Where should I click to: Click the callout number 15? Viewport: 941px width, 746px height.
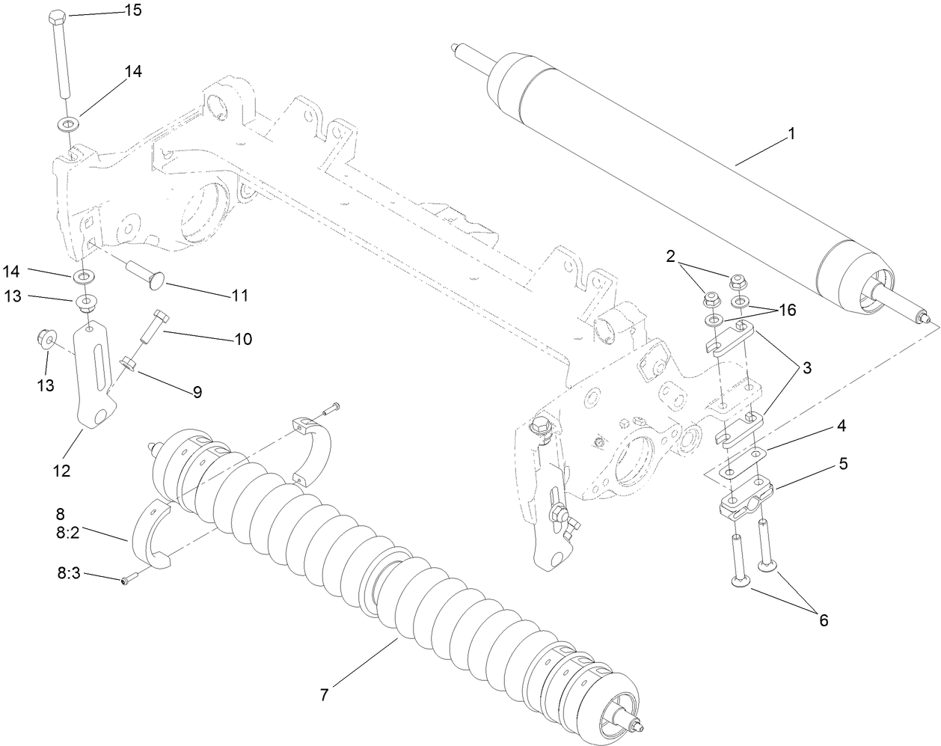[x=132, y=10]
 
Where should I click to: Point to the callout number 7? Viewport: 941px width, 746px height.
[x=324, y=694]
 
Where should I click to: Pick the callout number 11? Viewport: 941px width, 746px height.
[x=239, y=295]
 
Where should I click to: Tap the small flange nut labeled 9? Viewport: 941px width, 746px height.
[x=129, y=364]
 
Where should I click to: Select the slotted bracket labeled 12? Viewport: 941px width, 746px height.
[x=94, y=382]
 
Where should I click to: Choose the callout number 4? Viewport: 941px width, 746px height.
[x=842, y=426]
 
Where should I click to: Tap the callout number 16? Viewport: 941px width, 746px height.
[x=787, y=309]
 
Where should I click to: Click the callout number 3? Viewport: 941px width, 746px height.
[x=806, y=367]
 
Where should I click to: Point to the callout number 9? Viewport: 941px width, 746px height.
[x=197, y=391]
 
